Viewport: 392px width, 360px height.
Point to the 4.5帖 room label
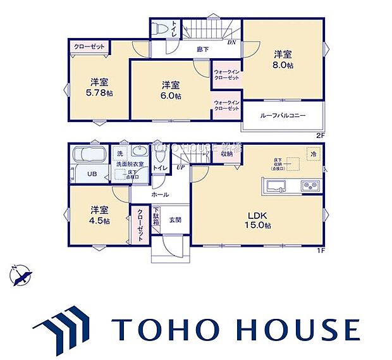click(99, 215)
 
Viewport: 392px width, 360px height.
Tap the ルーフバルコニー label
click(282, 116)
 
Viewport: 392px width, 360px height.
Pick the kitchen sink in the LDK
click(277, 186)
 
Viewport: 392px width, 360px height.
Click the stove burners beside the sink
click(311, 186)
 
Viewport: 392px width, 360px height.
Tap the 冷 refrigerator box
click(312, 154)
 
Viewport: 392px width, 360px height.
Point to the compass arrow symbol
click(22, 274)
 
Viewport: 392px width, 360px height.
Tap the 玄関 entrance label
click(175, 220)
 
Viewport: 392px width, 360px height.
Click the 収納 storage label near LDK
click(226, 154)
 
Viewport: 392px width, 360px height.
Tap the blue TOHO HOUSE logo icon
click(60, 328)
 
